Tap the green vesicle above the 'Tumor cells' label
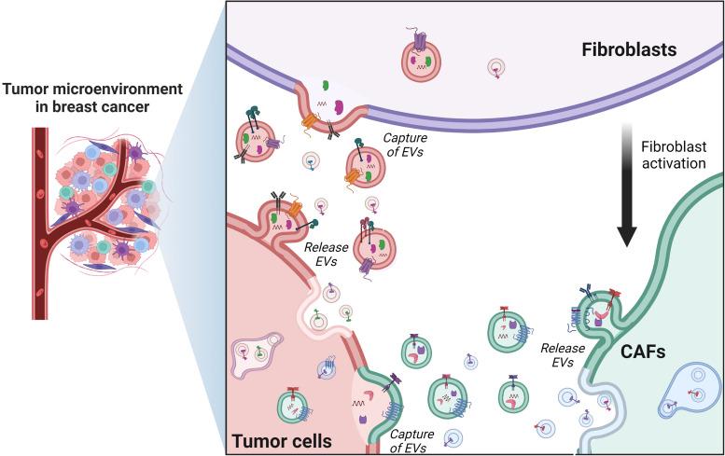point(292,407)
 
